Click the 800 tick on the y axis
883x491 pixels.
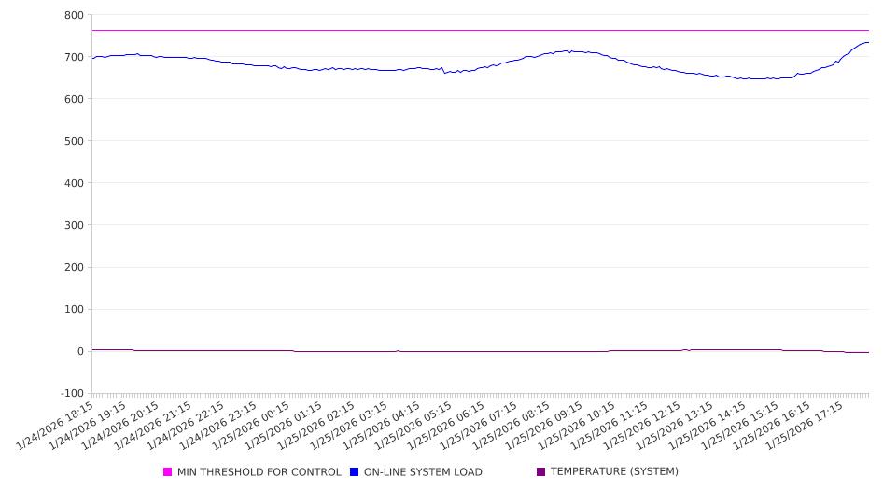pos(74,15)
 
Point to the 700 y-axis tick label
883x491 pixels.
pos(74,57)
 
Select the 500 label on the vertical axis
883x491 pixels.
pos(74,141)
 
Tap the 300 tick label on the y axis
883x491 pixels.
pos(74,225)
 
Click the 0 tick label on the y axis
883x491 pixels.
pos(79,351)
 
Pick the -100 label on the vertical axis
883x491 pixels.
pos(71,393)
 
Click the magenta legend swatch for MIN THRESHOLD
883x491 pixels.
pos(168,472)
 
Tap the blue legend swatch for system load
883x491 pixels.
pos(355,472)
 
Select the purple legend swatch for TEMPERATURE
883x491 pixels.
pos(541,472)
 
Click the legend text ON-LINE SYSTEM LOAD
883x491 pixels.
pos(423,472)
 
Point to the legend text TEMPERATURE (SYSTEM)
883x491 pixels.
pos(614,472)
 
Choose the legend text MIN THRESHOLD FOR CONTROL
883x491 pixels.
pos(259,472)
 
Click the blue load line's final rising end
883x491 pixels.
pos(867,42)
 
